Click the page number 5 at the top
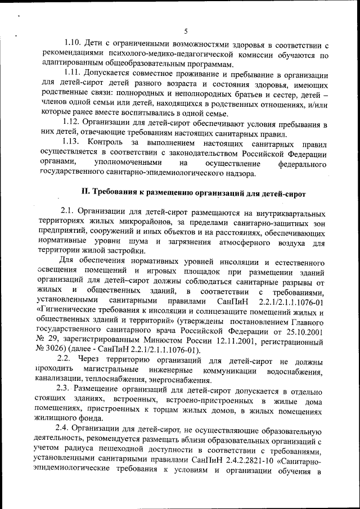[185, 31]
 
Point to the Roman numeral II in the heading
[85, 192]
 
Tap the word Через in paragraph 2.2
[91, 360]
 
